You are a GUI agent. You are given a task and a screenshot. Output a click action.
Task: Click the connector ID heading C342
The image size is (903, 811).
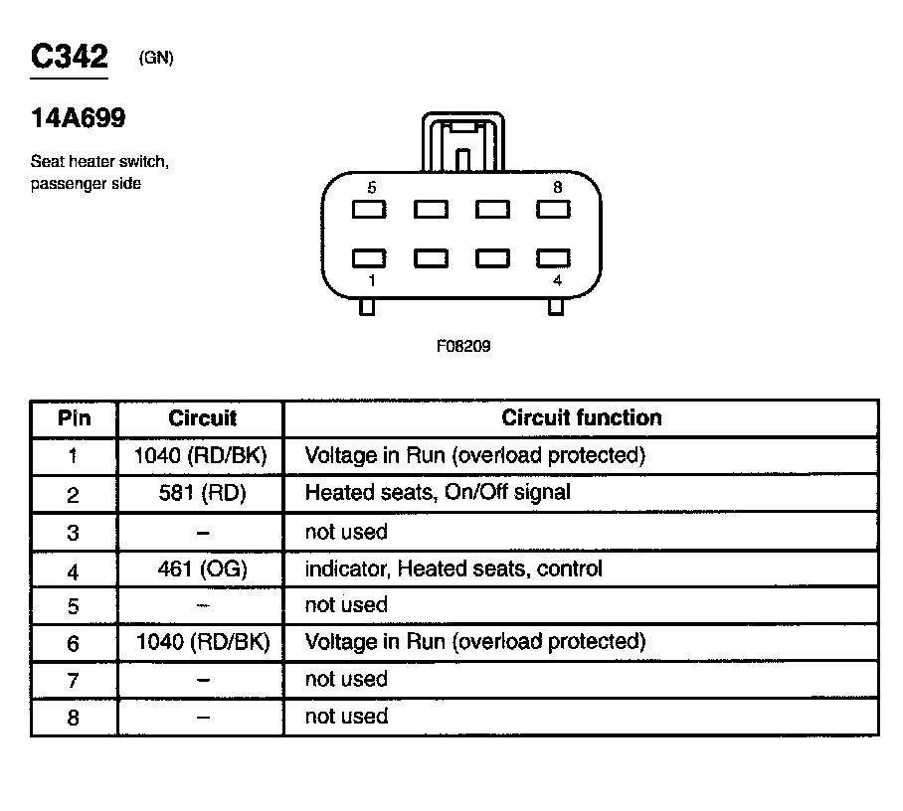pos(69,57)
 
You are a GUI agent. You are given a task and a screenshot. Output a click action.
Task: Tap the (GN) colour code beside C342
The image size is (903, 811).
pos(156,59)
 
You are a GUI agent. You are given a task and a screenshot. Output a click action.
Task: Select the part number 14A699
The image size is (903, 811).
pos(79,119)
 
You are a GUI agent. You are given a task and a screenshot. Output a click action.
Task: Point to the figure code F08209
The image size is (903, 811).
pos(462,347)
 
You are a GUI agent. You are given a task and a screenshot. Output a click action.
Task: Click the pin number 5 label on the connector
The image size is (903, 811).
pos(371,187)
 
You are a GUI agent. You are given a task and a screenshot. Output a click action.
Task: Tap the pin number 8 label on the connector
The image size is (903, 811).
pos(558,187)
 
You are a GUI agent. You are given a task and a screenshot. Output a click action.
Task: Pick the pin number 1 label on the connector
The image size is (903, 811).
pos(371,281)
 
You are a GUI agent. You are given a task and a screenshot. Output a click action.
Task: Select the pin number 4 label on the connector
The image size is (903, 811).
pos(557,281)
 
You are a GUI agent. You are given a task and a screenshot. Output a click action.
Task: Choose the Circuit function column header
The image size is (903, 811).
pos(581,418)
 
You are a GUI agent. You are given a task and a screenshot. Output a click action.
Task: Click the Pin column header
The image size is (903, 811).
pos(74,418)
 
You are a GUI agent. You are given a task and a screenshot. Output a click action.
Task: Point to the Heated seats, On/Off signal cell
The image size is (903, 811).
pos(438,492)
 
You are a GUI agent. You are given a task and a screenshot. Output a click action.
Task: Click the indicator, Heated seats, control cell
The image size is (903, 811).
pos(453,569)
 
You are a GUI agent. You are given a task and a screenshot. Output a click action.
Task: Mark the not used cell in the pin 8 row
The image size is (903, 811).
pos(346,717)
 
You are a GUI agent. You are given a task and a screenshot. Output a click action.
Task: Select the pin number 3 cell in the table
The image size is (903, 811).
pos(74,533)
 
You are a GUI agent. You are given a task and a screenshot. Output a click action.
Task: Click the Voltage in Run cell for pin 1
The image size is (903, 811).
pos(474,456)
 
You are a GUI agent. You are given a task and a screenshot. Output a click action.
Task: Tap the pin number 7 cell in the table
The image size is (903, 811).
pos(74,681)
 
